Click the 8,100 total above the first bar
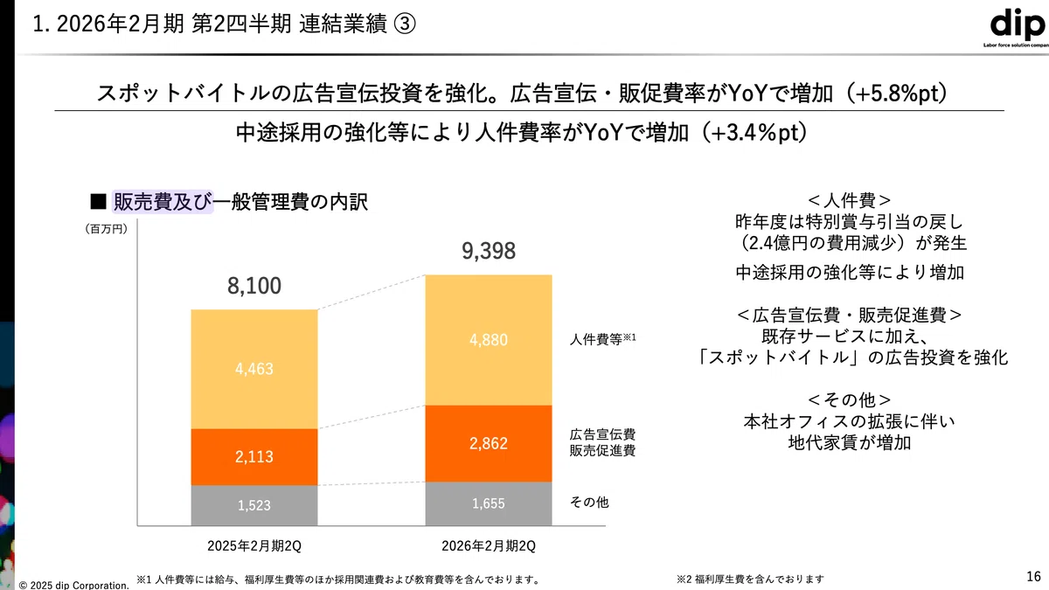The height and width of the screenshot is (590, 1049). tap(254, 286)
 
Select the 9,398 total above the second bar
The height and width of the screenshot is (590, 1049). tap(489, 251)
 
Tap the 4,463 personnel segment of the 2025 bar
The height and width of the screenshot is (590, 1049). tap(254, 369)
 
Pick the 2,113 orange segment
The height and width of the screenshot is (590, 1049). tap(254, 457)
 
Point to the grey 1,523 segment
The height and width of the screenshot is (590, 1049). tap(254, 505)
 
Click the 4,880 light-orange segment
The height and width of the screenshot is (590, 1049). tap(489, 340)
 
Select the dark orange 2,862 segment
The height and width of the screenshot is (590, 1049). tap(489, 443)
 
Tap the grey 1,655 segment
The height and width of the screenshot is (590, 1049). tap(489, 503)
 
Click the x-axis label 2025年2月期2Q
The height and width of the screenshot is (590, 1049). tap(254, 546)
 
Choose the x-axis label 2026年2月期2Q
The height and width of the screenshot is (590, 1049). tap(489, 546)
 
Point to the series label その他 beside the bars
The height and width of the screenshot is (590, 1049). tap(589, 503)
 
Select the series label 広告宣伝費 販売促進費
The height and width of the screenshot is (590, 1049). tap(602, 442)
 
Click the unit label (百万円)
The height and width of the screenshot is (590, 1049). tap(107, 229)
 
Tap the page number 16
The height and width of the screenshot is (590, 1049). tap(1033, 576)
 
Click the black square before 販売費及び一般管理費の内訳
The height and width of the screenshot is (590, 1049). tap(98, 202)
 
